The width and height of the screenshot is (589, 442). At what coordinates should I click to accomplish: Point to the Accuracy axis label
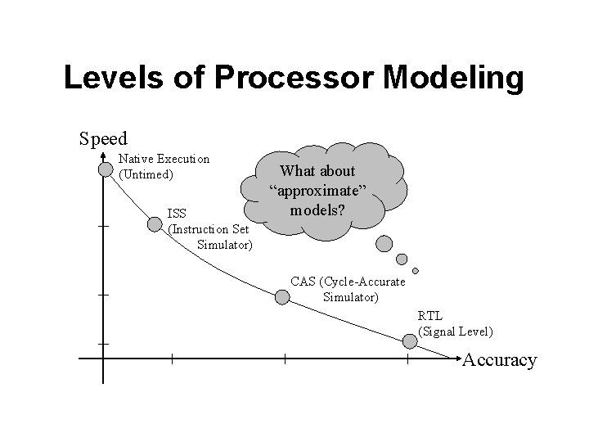pyautogui.click(x=500, y=360)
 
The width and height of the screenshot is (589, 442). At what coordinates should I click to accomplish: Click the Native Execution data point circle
pyautogui.click(x=105, y=169)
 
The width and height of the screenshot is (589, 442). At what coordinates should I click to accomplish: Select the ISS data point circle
pyautogui.click(x=154, y=223)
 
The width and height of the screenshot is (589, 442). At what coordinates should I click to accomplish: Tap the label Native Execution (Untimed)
pyautogui.click(x=164, y=166)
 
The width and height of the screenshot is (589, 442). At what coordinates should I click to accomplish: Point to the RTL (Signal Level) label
pyautogui.click(x=455, y=323)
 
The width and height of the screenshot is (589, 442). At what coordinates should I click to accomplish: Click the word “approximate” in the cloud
pyautogui.click(x=318, y=190)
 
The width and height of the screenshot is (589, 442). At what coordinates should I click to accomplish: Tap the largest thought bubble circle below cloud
pyautogui.click(x=384, y=242)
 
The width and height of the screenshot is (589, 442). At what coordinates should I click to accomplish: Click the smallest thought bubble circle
pyautogui.click(x=416, y=271)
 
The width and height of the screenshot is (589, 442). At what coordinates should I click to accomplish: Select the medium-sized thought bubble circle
pyautogui.click(x=402, y=259)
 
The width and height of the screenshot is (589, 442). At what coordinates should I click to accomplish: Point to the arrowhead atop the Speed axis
pyautogui.click(x=103, y=156)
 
